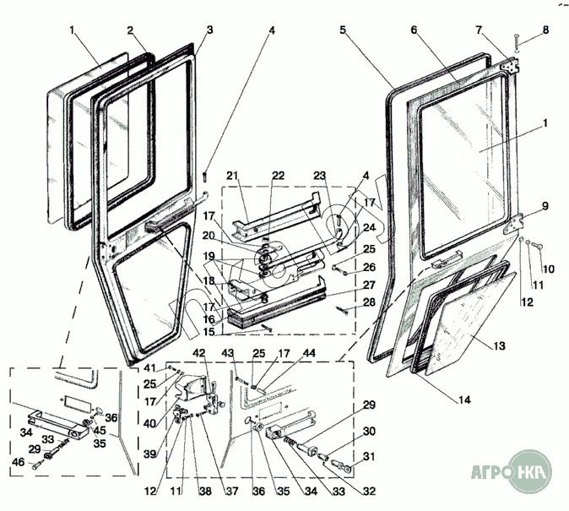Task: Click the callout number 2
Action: click(131, 30)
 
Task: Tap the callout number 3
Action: click(209, 30)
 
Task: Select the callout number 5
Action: click(344, 30)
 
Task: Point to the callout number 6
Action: click(415, 30)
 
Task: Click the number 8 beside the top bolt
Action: click(545, 30)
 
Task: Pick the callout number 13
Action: click(499, 345)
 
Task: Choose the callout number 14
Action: click(464, 400)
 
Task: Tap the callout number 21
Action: click(232, 176)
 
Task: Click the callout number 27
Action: click(369, 285)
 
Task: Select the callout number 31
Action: click(369, 457)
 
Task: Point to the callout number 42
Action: click(199, 353)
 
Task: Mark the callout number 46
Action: click(19, 462)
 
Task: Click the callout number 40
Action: click(150, 423)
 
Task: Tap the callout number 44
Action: click(309, 353)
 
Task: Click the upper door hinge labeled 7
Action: click(509, 65)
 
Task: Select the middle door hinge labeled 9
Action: click(515, 224)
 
